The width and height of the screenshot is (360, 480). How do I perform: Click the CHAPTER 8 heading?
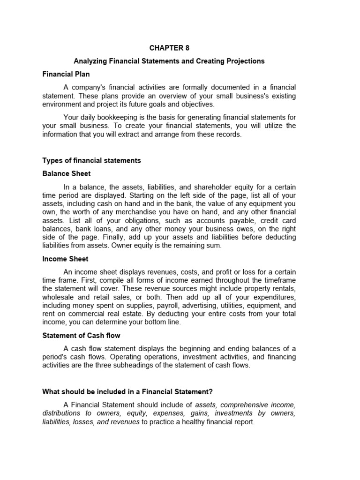tap(170, 47)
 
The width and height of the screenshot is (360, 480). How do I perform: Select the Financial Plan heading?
tap(66, 74)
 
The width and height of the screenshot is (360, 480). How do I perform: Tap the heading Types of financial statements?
tap(91, 160)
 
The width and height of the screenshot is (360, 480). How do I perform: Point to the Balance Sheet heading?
tap(67, 173)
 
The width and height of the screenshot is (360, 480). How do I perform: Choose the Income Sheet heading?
tap(66, 259)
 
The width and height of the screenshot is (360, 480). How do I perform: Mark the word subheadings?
tap(138, 366)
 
